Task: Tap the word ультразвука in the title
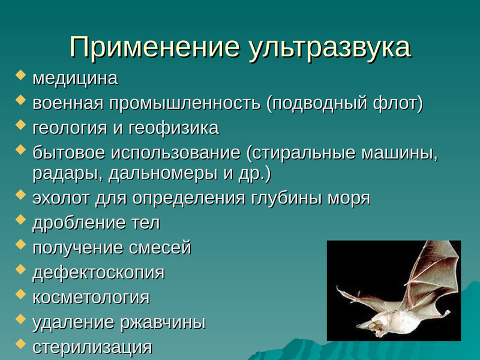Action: pos(329,50)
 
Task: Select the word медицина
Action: pos(76,79)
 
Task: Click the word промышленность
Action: pos(185,103)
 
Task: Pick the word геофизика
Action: pos(173,128)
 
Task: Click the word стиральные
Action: pos(304,153)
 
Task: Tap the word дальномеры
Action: pos(163,174)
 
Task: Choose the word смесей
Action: pos(160,248)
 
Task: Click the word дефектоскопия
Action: pos(98,272)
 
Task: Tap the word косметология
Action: pos(91,298)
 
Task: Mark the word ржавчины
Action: pos(163,323)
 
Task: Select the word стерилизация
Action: pos(92,347)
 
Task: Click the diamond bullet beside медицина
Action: pos(20,76)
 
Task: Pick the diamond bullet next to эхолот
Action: pos(20,194)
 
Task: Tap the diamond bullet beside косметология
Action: pos(20,294)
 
